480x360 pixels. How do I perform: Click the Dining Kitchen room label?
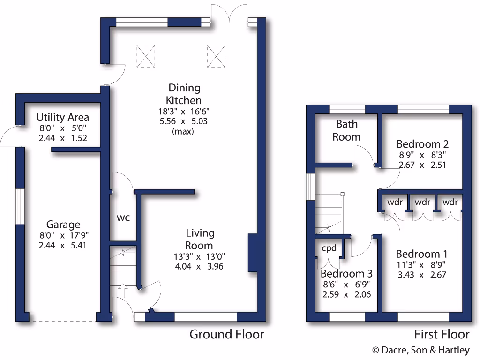(x=184, y=94)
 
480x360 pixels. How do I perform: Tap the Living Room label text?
(x=200, y=239)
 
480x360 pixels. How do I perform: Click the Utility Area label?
(x=62, y=117)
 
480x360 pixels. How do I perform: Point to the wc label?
(x=123, y=218)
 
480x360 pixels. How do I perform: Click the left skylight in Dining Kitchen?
(x=146, y=56)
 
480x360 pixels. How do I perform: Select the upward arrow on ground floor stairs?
(x=123, y=291)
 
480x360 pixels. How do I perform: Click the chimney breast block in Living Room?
(x=253, y=252)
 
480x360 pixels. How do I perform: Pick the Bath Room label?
(x=346, y=130)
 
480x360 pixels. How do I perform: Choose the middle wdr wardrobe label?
(x=422, y=202)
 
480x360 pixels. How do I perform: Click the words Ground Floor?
(x=226, y=334)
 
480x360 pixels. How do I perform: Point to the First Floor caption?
(x=442, y=334)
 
